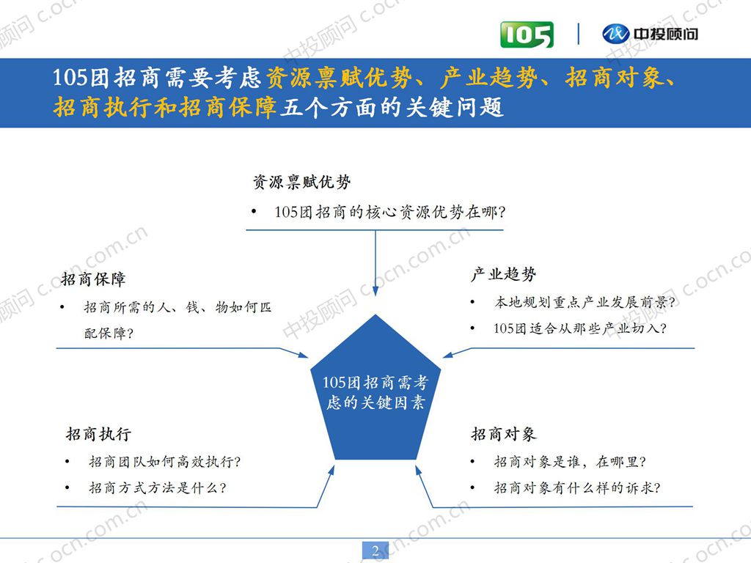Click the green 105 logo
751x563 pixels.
pyautogui.click(x=527, y=34)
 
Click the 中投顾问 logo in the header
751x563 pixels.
pyautogui.click(x=650, y=34)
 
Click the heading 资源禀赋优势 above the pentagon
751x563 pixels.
pyautogui.click(x=301, y=182)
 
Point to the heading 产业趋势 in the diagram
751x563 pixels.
pyautogui.click(x=503, y=275)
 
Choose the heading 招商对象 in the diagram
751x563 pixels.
pyautogui.click(x=503, y=434)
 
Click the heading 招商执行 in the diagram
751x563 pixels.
pyautogui.click(x=98, y=434)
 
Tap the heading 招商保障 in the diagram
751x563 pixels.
pyautogui.click(x=93, y=279)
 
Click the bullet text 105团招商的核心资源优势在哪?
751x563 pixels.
pyautogui.click(x=390, y=213)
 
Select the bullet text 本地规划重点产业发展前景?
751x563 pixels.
pyautogui.click(x=585, y=302)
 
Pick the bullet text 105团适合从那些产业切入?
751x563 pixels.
pyautogui.click(x=579, y=328)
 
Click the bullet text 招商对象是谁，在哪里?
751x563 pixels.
pyautogui.click(x=569, y=462)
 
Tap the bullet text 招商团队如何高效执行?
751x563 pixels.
pyautogui.click(x=165, y=462)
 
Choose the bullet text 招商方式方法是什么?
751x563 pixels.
pyautogui.click(x=157, y=487)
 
